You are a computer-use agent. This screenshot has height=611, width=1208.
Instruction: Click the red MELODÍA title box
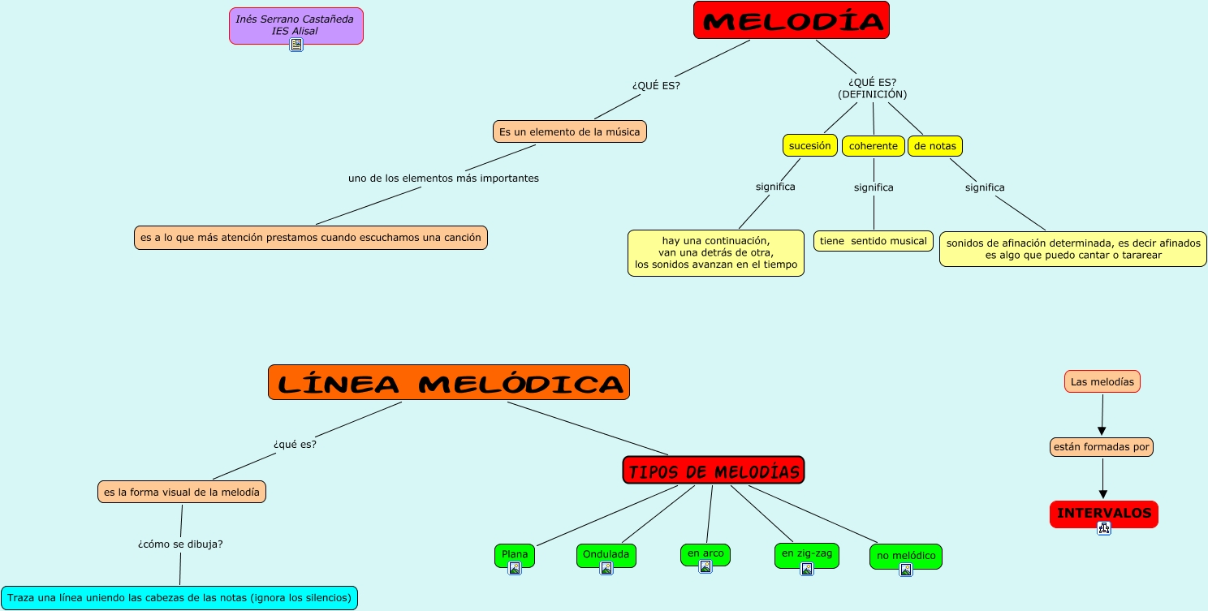coord(791,20)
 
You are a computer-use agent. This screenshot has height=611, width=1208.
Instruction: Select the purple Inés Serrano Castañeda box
coord(296,24)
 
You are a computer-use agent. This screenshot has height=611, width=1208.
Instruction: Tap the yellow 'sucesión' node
coord(809,146)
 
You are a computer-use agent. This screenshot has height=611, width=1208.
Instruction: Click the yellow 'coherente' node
coord(873,146)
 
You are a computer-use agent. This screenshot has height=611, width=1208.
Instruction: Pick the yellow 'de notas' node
coord(934,146)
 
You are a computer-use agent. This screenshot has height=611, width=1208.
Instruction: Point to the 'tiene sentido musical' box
coord(873,241)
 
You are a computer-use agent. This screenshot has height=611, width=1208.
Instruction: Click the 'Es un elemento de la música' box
coord(569,131)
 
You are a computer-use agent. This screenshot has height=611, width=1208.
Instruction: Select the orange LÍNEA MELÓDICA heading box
coord(448,383)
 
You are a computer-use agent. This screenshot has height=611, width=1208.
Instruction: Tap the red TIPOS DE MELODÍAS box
coord(713,471)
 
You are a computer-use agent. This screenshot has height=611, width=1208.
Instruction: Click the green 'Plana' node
coord(515,553)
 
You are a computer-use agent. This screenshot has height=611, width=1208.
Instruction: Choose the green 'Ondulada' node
coord(606,553)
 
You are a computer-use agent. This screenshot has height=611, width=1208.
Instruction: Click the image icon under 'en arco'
coord(705,566)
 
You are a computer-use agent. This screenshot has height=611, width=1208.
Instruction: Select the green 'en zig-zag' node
coord(806,553)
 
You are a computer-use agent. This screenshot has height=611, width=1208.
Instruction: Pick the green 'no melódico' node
coord(905,555)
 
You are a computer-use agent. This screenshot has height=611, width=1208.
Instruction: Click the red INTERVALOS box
coord(1103,513)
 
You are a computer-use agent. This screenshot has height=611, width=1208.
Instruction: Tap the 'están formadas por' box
coord(1101,446)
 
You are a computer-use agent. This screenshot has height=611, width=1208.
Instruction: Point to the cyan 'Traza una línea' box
coord(179,598)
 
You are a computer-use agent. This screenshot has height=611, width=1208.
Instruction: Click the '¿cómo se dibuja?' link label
coord(180,544)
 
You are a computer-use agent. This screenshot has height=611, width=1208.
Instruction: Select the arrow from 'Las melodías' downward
coord(1102,415)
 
